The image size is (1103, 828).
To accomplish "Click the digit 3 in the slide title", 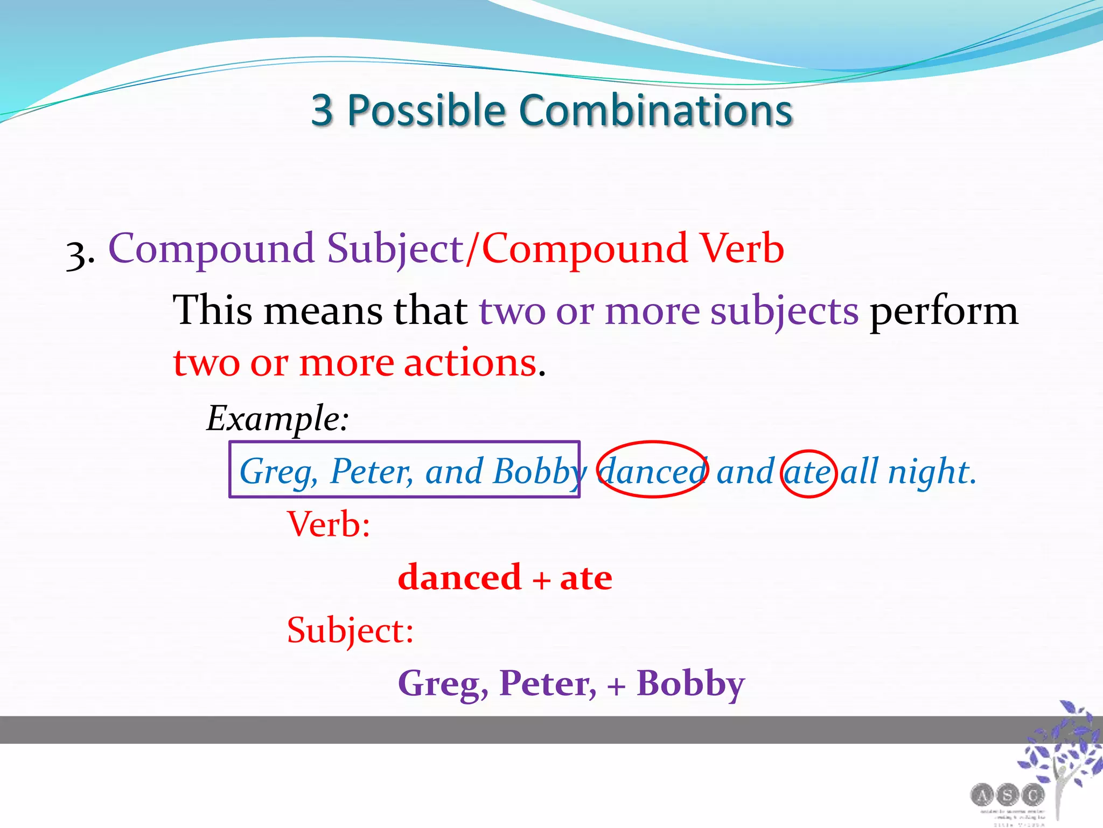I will click(322, 111).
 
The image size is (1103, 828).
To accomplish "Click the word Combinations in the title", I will click(655, 111).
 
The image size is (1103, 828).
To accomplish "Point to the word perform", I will click(944, 311).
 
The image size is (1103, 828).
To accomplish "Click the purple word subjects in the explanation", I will click(784, 311).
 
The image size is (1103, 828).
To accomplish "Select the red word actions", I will click(470, 362).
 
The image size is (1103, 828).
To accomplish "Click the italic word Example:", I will click(278, 418).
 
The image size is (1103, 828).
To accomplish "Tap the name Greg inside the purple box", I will click(275, 471).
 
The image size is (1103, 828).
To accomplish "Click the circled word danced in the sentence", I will click(652, 471).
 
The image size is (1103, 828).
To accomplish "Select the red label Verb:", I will click(329, 524).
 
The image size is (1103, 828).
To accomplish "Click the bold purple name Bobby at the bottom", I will click(690, 684).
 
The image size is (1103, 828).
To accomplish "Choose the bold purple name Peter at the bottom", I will click(547, 683).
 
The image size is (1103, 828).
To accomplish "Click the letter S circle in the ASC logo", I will click(1007, 795).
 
